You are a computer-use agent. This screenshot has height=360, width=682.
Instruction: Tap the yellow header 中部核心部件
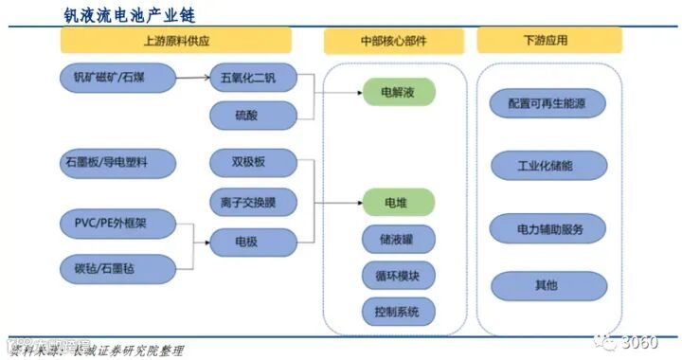coord(394,41)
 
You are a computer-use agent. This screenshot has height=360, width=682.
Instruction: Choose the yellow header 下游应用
coord(549,41)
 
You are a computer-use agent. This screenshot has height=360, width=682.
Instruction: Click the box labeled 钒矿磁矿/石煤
coord(111,78)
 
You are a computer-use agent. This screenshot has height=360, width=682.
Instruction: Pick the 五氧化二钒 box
coord(254,78)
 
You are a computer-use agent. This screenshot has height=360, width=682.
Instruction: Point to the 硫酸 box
coord(254,115)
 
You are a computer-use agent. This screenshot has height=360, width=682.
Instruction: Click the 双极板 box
coord(254,163)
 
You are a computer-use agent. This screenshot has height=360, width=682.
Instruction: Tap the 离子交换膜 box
coord(254,202)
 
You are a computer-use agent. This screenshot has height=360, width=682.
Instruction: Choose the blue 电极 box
coord(254,242)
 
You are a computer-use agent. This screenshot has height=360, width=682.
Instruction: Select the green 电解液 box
coord(398,91)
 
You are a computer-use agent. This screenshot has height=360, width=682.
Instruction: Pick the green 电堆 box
coord(398,202)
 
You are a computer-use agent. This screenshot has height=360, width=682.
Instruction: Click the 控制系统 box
coord(398,311)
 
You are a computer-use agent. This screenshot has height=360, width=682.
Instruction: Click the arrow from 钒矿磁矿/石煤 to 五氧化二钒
coord(192,78)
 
